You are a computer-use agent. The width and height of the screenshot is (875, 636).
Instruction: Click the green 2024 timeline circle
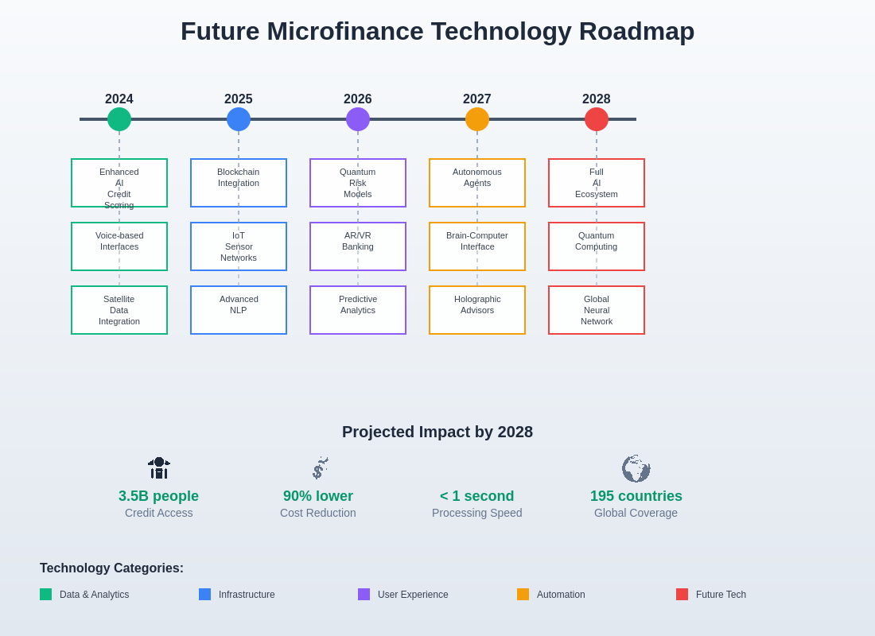click(119, 119)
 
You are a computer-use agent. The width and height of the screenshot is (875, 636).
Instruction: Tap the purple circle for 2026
click(358, 119)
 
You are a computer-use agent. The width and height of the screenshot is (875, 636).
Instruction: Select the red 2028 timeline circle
click(597, 119)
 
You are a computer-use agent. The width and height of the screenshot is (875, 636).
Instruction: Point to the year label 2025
click(239, 99)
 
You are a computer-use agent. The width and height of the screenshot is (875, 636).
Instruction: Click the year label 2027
click(477, 99)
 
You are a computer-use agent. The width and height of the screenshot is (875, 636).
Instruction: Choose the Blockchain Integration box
click(239, 183)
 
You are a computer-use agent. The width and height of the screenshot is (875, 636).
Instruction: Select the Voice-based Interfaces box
click(119, 246)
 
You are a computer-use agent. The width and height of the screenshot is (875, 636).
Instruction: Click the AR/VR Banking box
click(358, 246)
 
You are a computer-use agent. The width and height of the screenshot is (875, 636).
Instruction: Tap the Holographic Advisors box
click(477, 310)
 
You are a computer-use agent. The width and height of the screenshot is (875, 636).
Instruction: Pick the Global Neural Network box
click(597, 310)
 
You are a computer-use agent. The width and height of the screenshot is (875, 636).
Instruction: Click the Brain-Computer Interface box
click(477, 246)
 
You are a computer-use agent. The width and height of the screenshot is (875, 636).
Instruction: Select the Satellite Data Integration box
click(119, 310)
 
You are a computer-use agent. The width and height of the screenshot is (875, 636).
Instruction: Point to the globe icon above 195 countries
click(636, 468)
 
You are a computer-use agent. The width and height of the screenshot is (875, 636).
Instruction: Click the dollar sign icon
click(320, 468)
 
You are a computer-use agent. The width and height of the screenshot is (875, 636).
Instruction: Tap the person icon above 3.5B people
click(159, 468)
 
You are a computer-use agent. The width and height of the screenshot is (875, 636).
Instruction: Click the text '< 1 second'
click(477, 496)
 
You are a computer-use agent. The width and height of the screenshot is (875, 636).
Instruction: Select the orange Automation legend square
click(523, 594)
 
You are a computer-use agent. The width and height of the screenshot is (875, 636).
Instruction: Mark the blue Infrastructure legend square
click(204, 594)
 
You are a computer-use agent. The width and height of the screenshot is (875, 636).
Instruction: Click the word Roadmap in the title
click(636, 31)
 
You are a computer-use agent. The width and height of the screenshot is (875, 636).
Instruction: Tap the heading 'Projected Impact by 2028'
click(437, 432)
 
